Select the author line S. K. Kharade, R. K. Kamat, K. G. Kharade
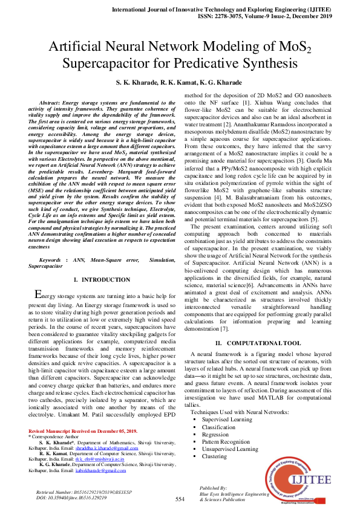(179, 82)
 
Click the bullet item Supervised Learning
(227, 419)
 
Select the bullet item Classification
(219, 427)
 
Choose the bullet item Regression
(216, 434)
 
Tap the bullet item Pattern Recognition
(226, 441)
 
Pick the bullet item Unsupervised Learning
(231, 449)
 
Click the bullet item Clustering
(215, 456)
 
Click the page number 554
(180, 499)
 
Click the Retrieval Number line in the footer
(77, 493)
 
